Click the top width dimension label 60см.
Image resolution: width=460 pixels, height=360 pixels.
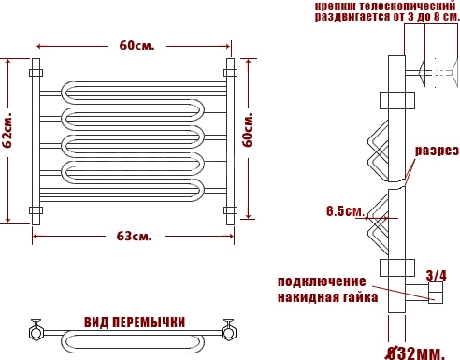pos(137,46)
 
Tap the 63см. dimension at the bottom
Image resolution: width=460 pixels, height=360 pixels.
pos(135,237)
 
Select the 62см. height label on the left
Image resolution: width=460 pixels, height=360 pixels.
pos(7,130)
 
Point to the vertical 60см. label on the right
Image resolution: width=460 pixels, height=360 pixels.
pos(247,130)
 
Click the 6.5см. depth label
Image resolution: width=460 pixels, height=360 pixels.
pos(345,211)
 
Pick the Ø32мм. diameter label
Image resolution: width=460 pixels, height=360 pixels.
pos(415,353)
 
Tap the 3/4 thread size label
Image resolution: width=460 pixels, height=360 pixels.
pos(437,275)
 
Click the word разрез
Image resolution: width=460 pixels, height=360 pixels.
pos(437,151)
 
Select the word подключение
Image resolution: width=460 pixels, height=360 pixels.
pos(322,281)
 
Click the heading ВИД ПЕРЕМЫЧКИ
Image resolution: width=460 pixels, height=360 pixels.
pos(135,323)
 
